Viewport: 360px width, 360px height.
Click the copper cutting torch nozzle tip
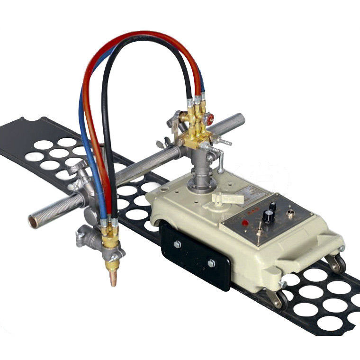(113, 277)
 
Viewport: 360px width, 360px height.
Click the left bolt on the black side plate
(177, 244)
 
